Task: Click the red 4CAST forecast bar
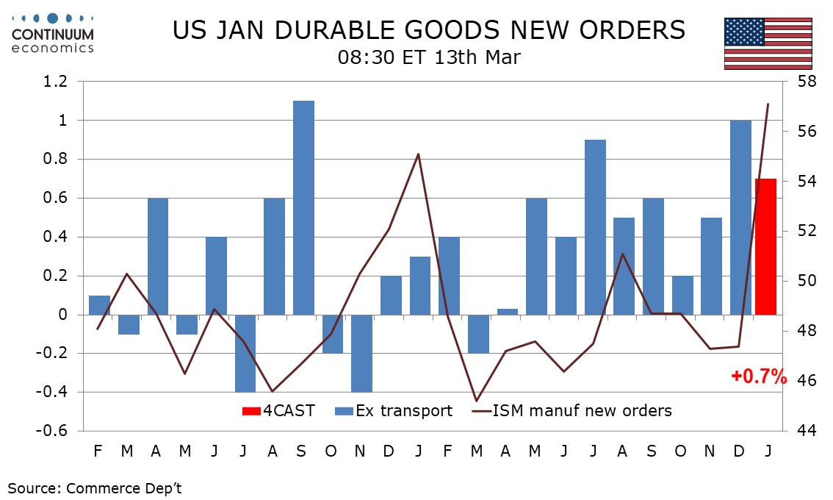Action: (x=767, y=246)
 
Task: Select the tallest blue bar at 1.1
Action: (x=303, y=207)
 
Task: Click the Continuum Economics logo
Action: (x=53, y=33)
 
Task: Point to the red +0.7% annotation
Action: (x=759, y=377)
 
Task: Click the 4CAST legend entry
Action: (x=278, y=411)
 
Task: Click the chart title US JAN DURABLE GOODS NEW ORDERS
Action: (x=428, y=30)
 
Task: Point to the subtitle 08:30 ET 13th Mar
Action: (x=429, y=57)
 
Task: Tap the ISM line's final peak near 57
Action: (x=768, y=104)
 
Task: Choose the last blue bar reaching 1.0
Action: (x=740, y=217)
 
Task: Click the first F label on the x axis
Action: (x=98, y=449)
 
